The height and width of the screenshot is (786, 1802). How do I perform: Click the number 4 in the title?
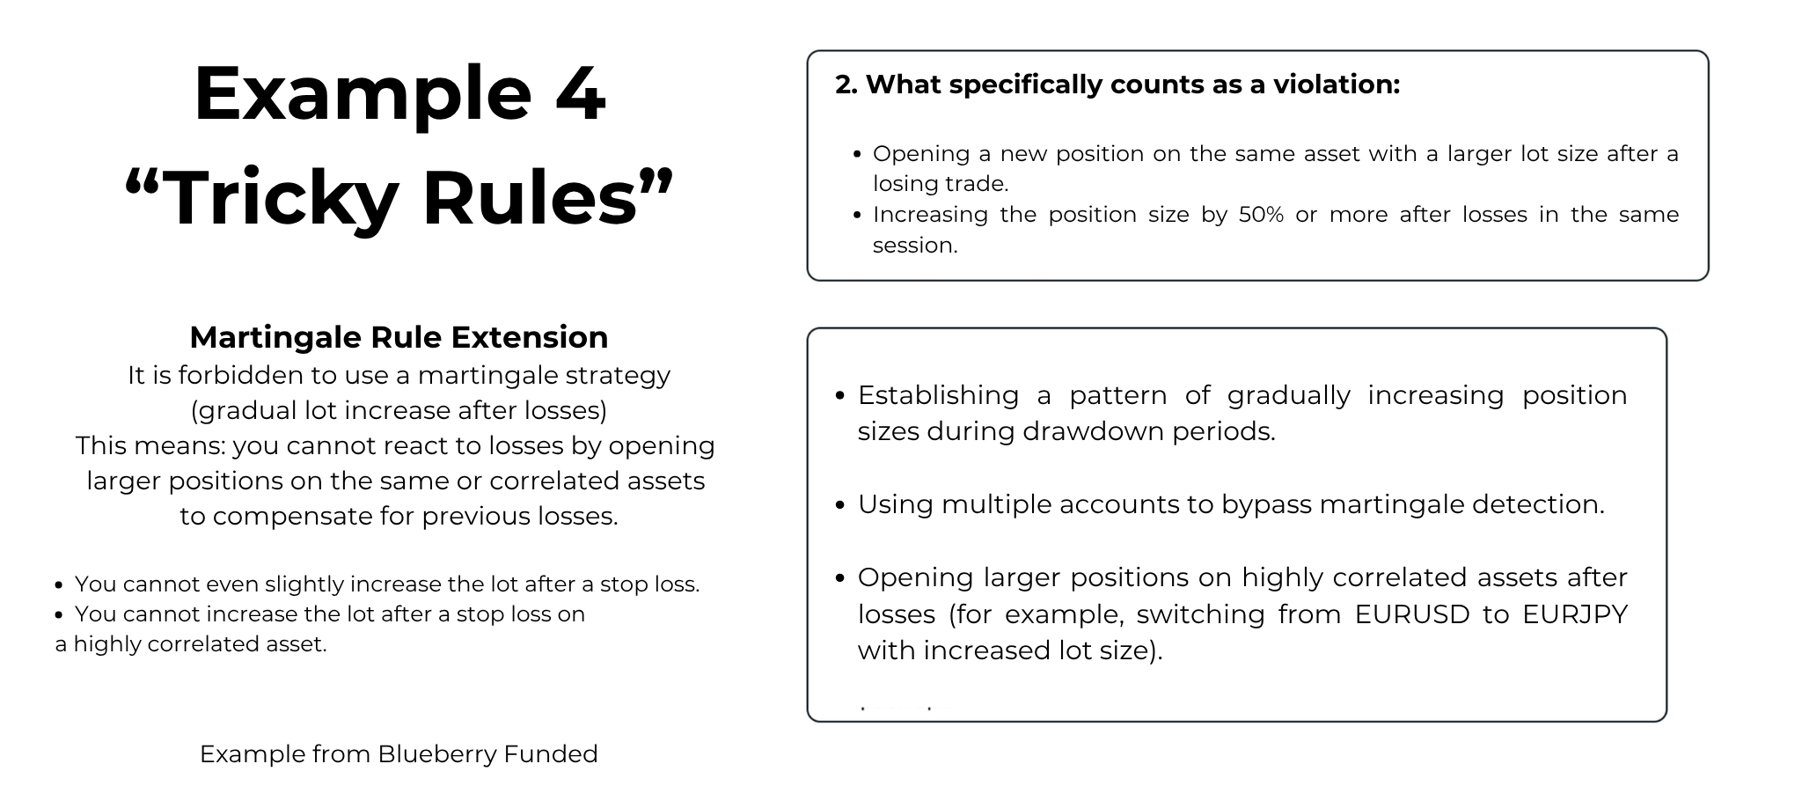[580, 93]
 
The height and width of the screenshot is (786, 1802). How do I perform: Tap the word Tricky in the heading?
[281, 198]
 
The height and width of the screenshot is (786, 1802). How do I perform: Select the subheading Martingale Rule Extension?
[399, 337]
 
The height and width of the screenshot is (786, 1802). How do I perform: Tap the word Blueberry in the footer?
[436, 754]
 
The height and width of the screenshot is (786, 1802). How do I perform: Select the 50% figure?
[1261, 215]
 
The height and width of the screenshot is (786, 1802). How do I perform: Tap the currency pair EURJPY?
[1575, 614]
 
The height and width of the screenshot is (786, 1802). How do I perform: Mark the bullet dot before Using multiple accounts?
[839, 505]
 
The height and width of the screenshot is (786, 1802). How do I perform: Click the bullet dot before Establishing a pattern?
[839, 396]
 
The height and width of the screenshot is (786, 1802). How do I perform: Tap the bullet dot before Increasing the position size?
[857, 216]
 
